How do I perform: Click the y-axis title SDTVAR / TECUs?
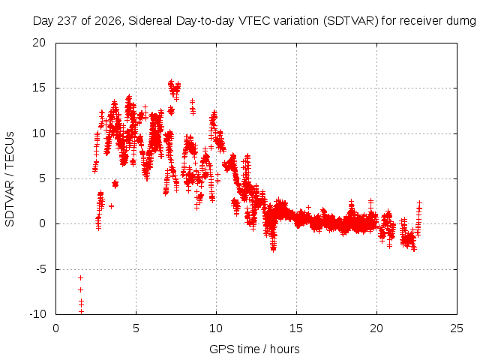coord(10,179)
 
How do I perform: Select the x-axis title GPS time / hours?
coord(254,349)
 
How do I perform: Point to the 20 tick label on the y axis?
coord(39,43)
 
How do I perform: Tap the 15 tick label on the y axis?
coord(39,88)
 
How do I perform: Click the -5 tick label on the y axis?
coord(41,269)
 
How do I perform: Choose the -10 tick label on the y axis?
coord(38,314)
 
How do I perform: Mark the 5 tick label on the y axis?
coord(43,178)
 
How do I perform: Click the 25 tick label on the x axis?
coord(457,328)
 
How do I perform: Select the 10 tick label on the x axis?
coord(216,328)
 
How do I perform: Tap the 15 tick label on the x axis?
coord(296,328)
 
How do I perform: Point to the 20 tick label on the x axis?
coord(376,328)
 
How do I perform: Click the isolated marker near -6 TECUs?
coord(80,278)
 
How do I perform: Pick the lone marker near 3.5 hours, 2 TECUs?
coord(112,206)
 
